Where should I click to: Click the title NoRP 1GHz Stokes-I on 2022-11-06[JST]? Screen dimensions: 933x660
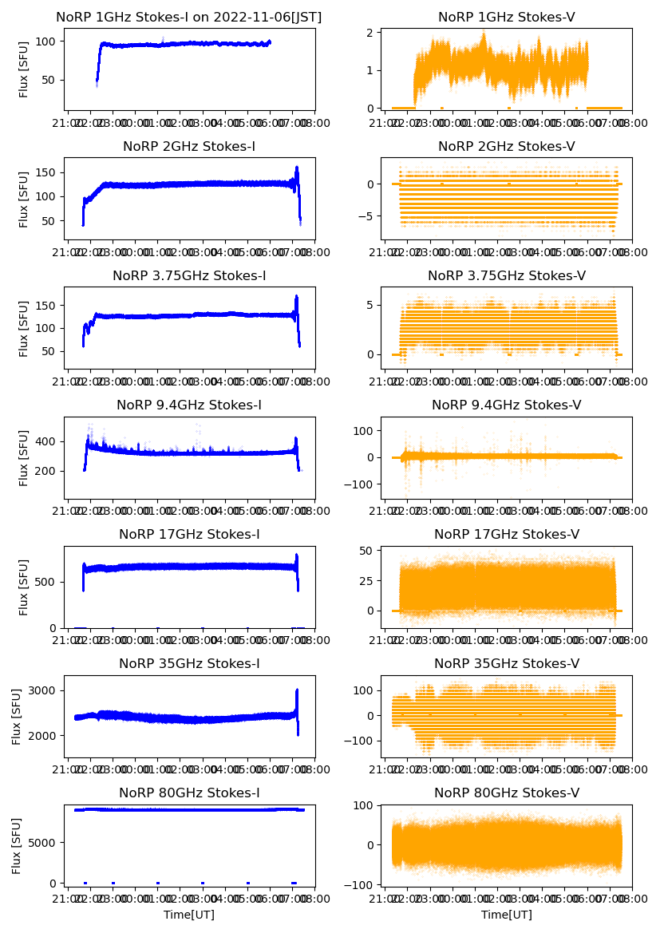coord(189,18)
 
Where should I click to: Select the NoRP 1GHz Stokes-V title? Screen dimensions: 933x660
coord(507,18)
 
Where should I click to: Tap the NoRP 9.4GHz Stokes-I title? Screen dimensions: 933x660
coord(189,405)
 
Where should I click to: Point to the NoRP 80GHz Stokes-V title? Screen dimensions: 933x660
coord(507,793)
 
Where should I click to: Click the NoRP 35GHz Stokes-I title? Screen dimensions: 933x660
coord(189,664)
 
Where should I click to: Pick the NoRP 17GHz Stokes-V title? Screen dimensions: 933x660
coord(507,535)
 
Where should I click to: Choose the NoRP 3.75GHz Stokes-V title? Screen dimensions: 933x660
coord(507,276)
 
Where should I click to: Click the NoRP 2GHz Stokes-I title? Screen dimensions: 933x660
coord(189,147)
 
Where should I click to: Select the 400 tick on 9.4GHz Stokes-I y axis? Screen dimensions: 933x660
coord(48,441)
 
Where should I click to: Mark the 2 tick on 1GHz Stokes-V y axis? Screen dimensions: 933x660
coord(370,33)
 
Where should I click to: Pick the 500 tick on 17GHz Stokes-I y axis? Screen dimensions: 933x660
coord(48,581)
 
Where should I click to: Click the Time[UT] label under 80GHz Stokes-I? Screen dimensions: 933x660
coord(189,915)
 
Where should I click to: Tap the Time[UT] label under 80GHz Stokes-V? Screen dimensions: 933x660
coord(507,915)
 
